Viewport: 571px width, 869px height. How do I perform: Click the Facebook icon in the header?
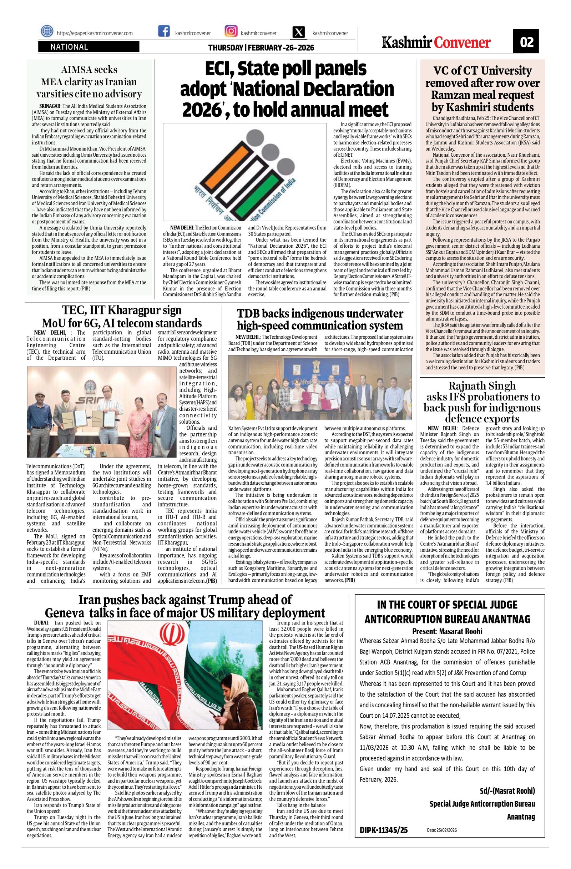[x=163, y=32]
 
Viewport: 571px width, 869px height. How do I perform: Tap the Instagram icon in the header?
[x=231, y=32]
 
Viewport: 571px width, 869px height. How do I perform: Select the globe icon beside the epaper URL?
[x=47, y=32]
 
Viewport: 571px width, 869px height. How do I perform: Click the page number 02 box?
[x=526, y=42]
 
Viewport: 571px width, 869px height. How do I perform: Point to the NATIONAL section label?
[x=69, y=47]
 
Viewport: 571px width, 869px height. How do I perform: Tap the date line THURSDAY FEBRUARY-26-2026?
[x=261, y=48]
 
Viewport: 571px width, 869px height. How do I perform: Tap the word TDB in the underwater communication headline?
[x=248, y=314]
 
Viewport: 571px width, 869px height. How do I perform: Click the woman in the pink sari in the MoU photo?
[x=139, y=420]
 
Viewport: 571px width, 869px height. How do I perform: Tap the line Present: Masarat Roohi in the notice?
[x=447, y=631]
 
